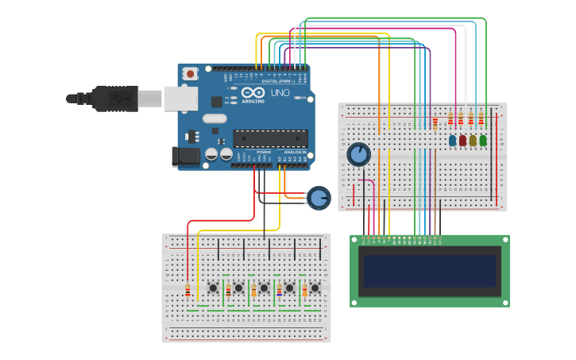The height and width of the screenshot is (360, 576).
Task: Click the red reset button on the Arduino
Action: [191, 74]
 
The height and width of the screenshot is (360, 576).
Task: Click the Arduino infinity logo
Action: [253, 93]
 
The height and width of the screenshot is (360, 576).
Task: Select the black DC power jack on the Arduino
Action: [186, 155]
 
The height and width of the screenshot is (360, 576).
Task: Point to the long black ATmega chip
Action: [270, 138]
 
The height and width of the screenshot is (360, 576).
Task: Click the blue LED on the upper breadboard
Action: [453, 141]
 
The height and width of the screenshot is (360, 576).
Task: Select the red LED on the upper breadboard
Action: [462, 141]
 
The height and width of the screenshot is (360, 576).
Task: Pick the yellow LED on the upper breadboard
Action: [473, 141]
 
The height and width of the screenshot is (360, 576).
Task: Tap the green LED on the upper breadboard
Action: [483, 141]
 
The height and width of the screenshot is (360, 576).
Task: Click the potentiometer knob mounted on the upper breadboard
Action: [358, 153]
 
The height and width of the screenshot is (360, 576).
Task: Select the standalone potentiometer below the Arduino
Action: [319, 198]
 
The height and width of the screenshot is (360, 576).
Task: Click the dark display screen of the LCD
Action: [429, 271]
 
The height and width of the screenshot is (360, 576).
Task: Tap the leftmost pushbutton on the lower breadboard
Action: [213, 288]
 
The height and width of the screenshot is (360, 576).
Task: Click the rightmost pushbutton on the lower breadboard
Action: [315, 288]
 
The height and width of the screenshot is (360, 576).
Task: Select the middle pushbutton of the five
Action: [264, 288]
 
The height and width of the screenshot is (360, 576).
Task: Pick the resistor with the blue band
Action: [279, 291]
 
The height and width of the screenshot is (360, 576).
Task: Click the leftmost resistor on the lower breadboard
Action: [187, 291]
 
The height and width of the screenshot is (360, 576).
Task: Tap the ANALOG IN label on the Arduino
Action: [294, 152]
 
